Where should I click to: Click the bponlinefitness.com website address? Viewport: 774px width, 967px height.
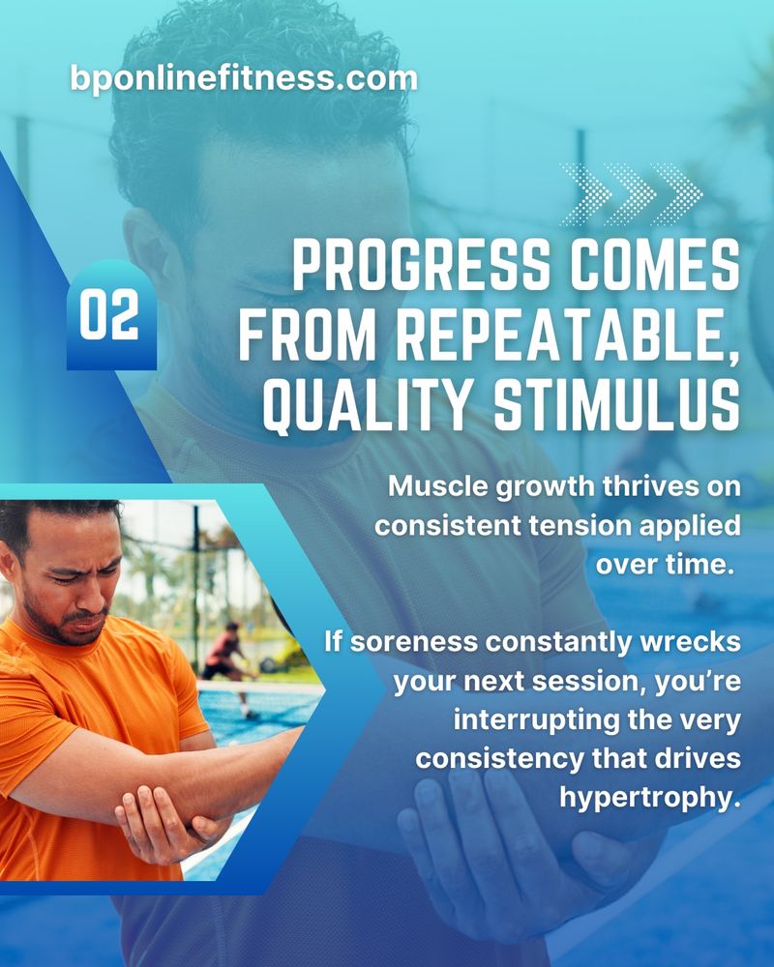point(244,79)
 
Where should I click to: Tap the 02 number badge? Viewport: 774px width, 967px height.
point(111,314)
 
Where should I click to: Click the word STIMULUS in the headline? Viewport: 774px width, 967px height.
point(616,405)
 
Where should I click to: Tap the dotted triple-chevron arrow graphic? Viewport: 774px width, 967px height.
point(631,194)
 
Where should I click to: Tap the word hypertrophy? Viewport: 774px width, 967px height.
point(649,798)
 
